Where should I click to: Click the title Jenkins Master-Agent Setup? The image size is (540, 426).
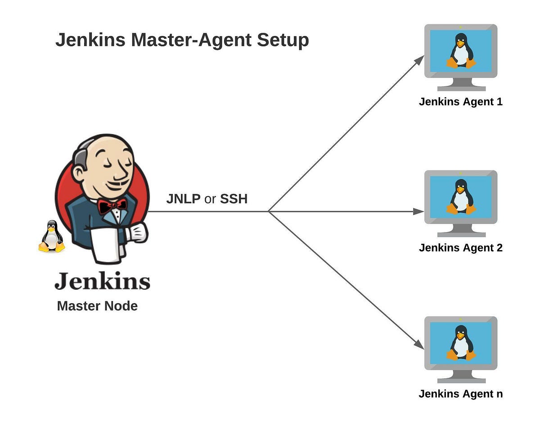tap(182, 40)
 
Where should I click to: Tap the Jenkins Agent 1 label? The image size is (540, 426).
tap(460, 102)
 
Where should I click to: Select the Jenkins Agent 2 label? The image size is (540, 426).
tap(460, 248)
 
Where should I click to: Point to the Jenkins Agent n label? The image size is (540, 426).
tap(460, 394)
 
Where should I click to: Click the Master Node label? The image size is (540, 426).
tap(97, 306)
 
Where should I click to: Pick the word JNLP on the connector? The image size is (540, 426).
tap(183, 199)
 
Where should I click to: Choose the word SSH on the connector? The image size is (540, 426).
tap(234, 199)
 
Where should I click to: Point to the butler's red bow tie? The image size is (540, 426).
tap(112, 206)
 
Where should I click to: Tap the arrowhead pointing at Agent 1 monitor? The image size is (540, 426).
tap(420, 59)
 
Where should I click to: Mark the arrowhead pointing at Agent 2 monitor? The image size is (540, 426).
tap(419, 211)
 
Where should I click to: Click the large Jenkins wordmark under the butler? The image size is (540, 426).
tap(102, 281)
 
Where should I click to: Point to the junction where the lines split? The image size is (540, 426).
tap(268, 211)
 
